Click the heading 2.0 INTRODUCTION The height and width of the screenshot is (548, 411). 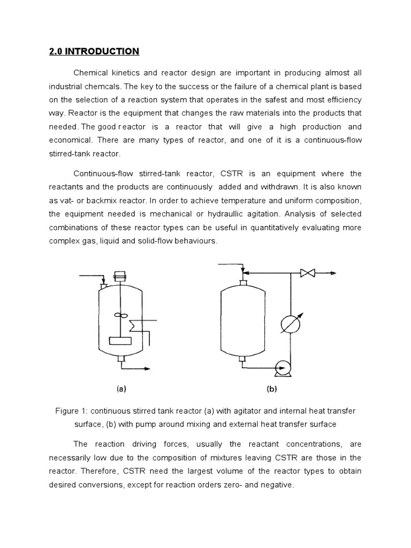coord(92,51)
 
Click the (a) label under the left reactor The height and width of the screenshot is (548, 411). coord(121,390)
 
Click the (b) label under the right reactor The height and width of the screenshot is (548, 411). coord(272,390)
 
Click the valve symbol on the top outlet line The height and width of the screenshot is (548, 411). coord(308,273)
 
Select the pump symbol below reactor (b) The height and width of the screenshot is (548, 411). coord(281,367)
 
